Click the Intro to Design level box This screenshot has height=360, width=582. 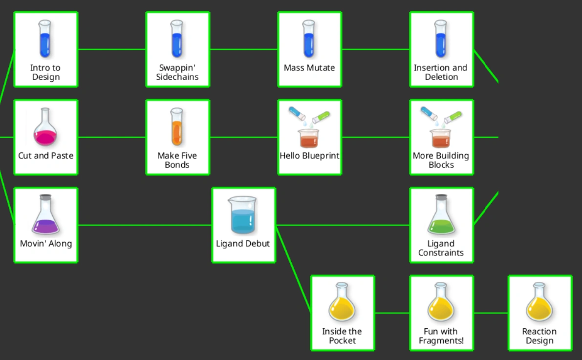pyautogui.click(x=45, y=49)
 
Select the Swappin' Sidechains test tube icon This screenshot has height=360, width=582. pyautogui.click(x=177, y=39)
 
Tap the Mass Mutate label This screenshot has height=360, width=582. pyautogui.click(x=309, y=67)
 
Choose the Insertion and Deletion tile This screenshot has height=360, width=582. pyautogui.click(x=441, y=49)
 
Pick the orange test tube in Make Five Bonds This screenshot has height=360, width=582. pyautogui.click(x=177, y=127)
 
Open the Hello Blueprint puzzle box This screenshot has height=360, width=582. pyautogui.click(x=309, y=137)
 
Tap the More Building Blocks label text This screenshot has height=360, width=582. pyautogui.click(x=441, y=160)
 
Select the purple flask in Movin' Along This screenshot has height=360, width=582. pyautogui.click(x=45, y=214)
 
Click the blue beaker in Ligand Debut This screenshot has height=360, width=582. pyautogui.click(x=243, y=215)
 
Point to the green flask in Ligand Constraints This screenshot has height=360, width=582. pyautogui.click(x=441, y=214)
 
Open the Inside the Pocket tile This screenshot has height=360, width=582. pyautogui.click(x=343, y=313)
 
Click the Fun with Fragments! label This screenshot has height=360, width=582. pyautogui.click(x=441, y=336)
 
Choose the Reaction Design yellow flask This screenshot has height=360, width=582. pyautogui.click(x=539, y=302)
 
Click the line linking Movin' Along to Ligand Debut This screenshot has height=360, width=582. pyautogui.click(x=145, y=225)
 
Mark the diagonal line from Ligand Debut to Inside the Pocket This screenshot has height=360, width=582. pyautogui.click(x=293, y=269)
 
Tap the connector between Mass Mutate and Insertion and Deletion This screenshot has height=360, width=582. pyautogui.click(x=376, y=49)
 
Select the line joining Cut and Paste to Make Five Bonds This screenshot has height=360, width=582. pyautogui.click(x=112, y=137)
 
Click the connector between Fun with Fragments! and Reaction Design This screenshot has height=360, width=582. pyautogui.click(x=491, y=313)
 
